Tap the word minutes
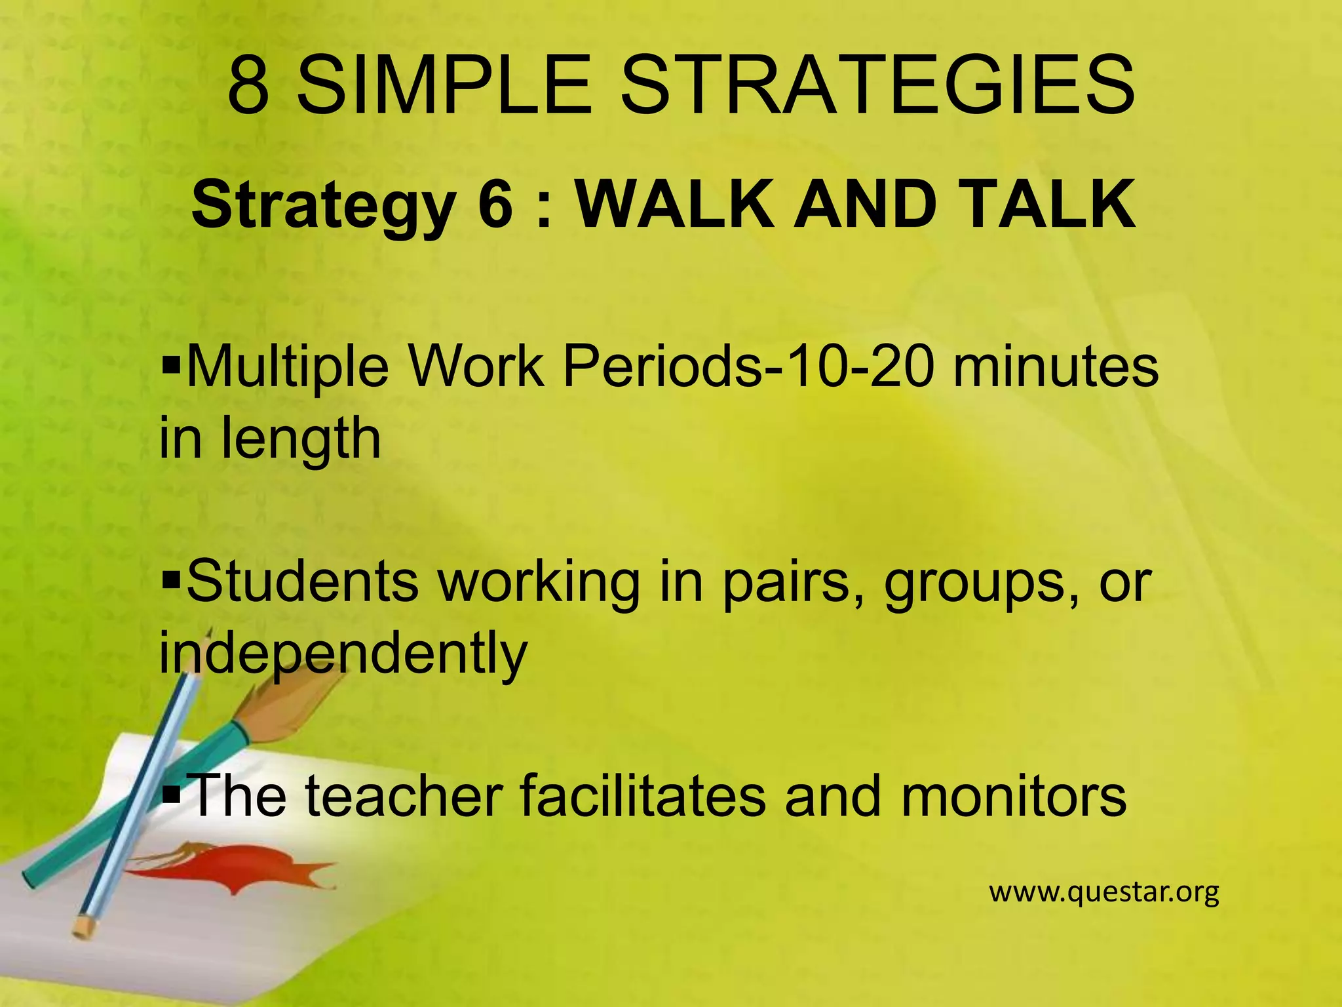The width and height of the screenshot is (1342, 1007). [1055, 367]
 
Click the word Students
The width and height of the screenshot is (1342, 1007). [302, 582]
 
